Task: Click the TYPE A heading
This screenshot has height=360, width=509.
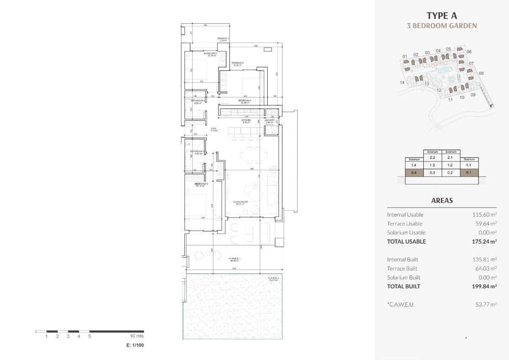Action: [442, 16]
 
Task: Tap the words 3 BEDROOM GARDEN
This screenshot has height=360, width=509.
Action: [442, 25]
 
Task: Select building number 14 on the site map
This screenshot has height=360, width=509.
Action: [402, 83]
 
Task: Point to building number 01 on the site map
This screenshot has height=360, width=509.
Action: [405, 56]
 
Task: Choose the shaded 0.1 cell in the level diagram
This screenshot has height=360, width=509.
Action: [469, 173]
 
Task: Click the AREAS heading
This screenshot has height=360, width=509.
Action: [442, 201]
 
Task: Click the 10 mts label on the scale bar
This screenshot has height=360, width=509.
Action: [137, 336]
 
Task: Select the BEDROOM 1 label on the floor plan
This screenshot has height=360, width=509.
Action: [201, 184]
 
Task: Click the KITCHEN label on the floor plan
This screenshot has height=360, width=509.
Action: [246, 121]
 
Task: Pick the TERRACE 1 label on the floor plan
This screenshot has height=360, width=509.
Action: [235, 259]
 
